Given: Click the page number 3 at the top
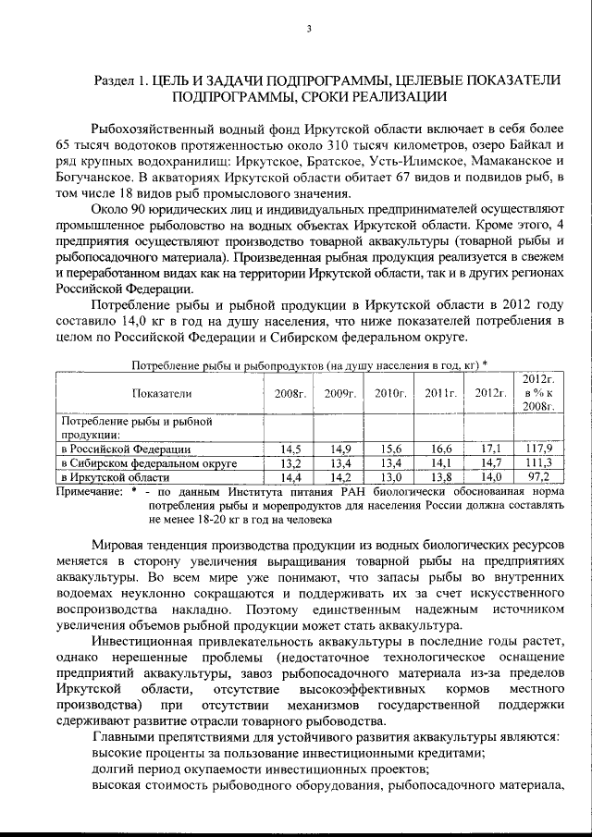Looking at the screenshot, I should click(x=309, y=29).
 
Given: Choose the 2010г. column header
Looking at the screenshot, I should click(x=390, y=393).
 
